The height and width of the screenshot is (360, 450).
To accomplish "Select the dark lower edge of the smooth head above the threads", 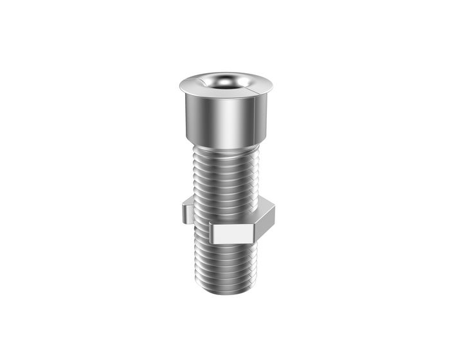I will pos(225,143).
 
